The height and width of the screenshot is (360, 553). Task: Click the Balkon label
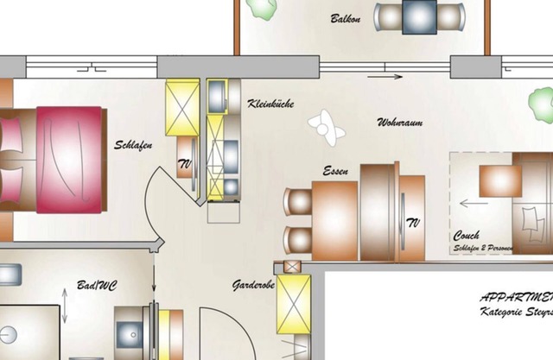click(345, 18)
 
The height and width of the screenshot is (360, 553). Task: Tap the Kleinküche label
click(270, 104)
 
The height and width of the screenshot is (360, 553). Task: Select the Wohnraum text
click(400, 123)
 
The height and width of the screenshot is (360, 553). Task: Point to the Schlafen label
click(133, 145)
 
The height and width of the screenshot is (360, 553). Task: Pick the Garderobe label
click(253, 284)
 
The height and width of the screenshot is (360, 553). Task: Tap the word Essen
click(335, 172)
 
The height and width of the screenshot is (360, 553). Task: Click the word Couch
click(467, 236)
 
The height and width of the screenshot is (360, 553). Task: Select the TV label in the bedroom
click(184, 163)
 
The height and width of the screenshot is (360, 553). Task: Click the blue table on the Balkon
click(419, 16)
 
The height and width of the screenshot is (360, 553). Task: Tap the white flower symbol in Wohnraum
click(327, 125)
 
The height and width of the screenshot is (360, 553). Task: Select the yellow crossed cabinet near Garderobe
click(294, 303)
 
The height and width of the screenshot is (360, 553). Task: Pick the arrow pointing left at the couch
click(473, 205)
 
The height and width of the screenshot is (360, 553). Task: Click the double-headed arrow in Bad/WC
click(66, 306)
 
